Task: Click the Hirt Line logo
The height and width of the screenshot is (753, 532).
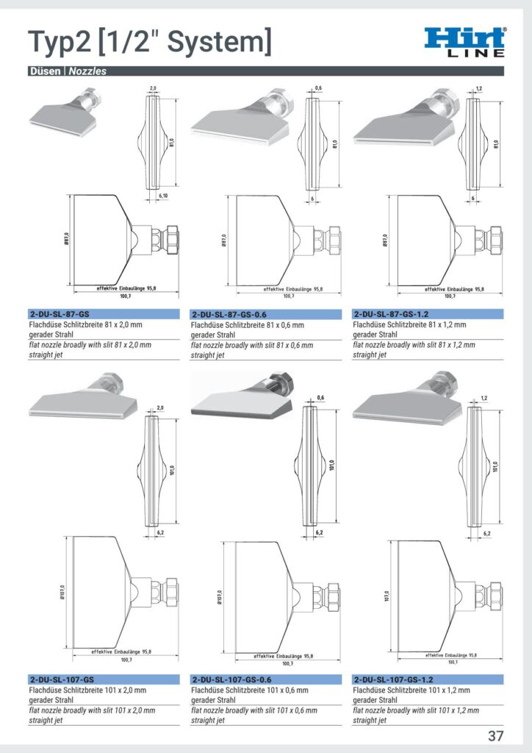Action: pos(465,41)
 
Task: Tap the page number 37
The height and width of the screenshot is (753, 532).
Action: pos(496,735)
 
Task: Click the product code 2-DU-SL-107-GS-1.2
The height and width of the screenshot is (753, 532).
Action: pos(393,679)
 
